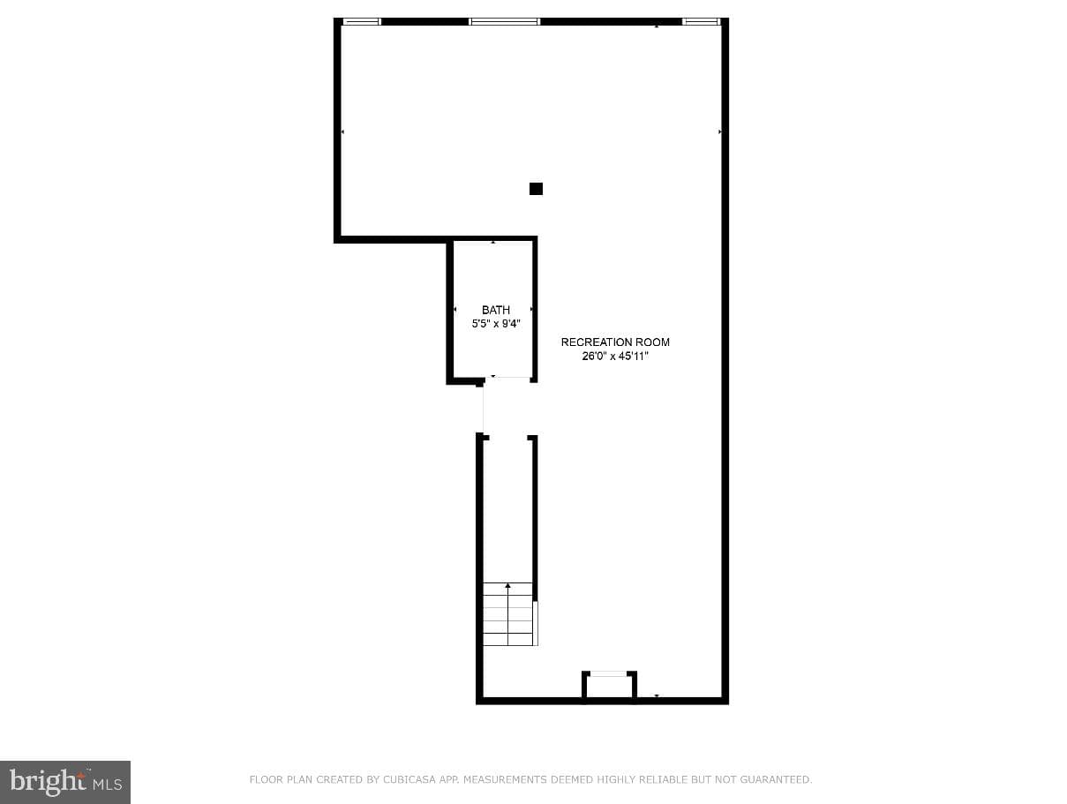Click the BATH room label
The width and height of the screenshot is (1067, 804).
point(495,310)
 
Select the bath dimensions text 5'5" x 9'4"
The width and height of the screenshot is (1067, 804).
point(495,323)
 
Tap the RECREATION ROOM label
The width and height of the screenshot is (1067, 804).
point(615,342)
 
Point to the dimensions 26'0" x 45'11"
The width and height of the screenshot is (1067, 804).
point(615,356)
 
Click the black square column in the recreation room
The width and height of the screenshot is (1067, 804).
point(536,189)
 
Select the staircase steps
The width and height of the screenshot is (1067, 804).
point(508,613)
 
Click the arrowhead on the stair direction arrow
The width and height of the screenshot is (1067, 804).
point(508,586)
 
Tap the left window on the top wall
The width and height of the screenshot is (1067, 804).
point(362,21)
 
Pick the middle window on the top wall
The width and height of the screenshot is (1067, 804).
point(504,21)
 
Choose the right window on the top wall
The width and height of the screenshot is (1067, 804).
point(701,21)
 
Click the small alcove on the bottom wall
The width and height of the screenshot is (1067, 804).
point(609,687)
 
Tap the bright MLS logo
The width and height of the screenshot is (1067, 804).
point(65,782)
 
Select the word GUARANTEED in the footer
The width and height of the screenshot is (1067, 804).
point(776,779)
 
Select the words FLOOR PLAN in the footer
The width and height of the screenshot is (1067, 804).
point(281,779)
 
